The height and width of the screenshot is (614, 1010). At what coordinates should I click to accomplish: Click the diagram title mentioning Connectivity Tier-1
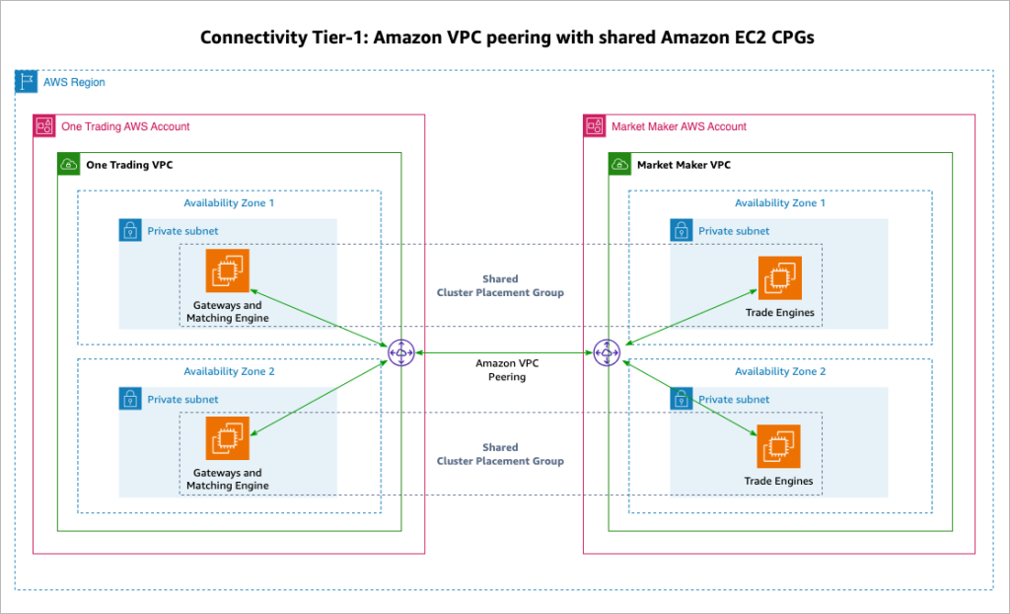click(x=504, y=38)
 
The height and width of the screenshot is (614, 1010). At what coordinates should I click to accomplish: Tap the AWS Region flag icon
click(x=27, y=82)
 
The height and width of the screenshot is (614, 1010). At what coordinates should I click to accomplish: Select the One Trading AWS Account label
click(x=125, y=126)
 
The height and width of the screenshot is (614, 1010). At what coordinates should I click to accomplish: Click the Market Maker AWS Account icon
click(x=595, y=126)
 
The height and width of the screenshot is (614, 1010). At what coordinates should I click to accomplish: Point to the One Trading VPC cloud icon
click(x=69, y=165)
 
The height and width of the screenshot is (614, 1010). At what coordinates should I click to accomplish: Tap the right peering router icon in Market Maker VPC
click(x=606, y=352)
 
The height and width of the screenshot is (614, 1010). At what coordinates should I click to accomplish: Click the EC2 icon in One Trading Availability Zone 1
click(x=227, y=270)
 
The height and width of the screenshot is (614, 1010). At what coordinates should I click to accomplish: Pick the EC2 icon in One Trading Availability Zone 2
click(x=227, y=439)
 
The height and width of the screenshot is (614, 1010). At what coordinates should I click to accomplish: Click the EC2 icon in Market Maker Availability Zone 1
click(x=779, y=277)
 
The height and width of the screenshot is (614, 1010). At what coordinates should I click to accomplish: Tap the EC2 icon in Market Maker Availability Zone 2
click(x=779, y=446)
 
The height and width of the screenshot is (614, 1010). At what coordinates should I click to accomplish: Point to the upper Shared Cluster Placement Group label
click(x=500, y=285)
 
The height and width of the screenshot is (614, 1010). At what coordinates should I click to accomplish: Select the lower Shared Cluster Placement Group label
click(x=500, y=454)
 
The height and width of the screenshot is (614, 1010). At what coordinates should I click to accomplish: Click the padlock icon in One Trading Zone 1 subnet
click(x=130, y=231)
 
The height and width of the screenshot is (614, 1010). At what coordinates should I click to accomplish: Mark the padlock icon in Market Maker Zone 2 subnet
click(x=682, y=399)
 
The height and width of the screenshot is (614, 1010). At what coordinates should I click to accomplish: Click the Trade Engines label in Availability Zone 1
click(x=779, y=313)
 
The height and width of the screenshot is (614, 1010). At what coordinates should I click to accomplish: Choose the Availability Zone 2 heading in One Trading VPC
click(x=229, y=372)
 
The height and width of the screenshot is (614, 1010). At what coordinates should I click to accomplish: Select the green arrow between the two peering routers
click(x=503, y=352)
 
